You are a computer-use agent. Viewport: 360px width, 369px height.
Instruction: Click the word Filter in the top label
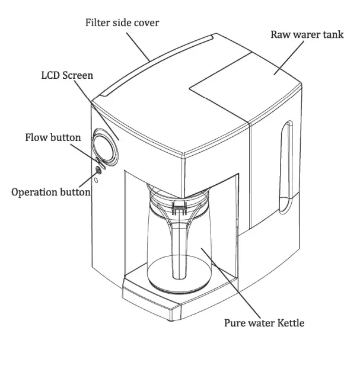pyautogui.click(x=98, y=23)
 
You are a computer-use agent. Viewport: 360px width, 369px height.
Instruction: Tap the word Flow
pyautogui.click(x=37, y=137)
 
